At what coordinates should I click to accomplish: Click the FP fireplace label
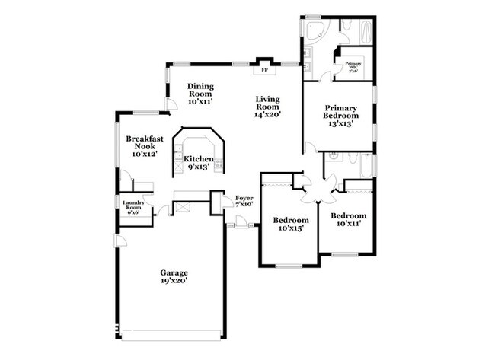(265, 70)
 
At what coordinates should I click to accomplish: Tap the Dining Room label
(201, 94)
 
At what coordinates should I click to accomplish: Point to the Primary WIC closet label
(353, 66)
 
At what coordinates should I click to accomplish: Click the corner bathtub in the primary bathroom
(313, 30)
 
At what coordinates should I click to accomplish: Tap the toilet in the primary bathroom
(344, 27)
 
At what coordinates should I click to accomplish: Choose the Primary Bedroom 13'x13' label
(339, 116)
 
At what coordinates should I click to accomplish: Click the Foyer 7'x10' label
(244, 201)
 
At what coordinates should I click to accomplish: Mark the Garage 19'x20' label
(174, 276)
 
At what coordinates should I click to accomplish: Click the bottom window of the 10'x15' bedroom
(289, 265)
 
